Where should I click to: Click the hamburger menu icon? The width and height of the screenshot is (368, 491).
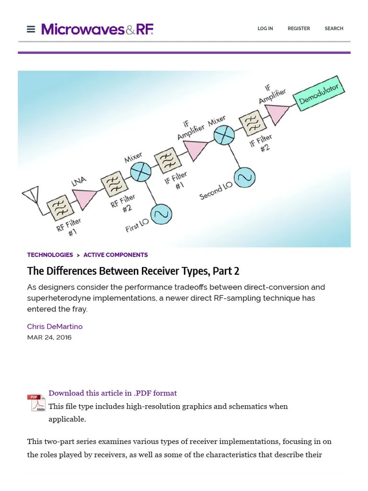[31, 29]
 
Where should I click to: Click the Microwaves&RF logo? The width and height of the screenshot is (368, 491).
[97, 29]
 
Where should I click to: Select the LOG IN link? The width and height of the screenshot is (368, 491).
[265, 29]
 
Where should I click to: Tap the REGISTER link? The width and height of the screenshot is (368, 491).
[299, 29]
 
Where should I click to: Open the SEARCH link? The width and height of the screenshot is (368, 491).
[333, 29]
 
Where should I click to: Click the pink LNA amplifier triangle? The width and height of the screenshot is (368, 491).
[84, 198]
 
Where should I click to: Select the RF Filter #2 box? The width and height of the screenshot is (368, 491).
[114, 184]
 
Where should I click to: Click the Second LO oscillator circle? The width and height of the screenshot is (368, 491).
[244, 178]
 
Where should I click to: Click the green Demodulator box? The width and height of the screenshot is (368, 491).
[318, 93]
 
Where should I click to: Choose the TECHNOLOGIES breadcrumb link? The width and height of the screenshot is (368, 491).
[50, 255]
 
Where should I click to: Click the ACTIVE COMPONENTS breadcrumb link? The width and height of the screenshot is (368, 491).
[115, 255]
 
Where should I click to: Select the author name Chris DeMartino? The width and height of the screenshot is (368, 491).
[55, 327]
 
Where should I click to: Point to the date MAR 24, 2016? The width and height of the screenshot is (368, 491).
[49, 337]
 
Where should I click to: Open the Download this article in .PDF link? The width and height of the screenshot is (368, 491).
[113, 393]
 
